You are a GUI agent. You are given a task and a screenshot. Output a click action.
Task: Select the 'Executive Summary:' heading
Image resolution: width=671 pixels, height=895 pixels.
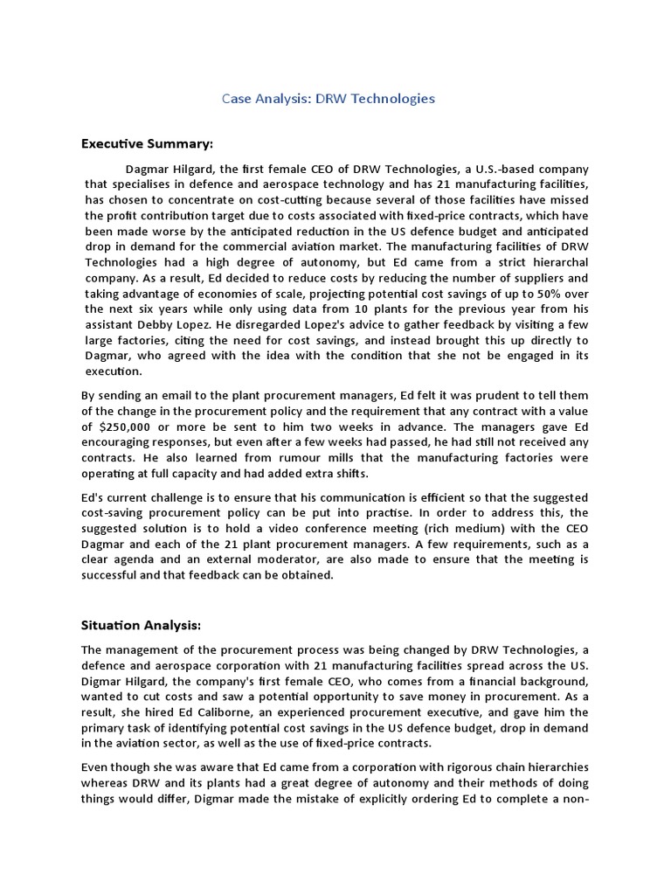[147, 143]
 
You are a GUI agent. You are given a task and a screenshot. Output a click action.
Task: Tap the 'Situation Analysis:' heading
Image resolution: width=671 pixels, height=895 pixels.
[142, 625]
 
